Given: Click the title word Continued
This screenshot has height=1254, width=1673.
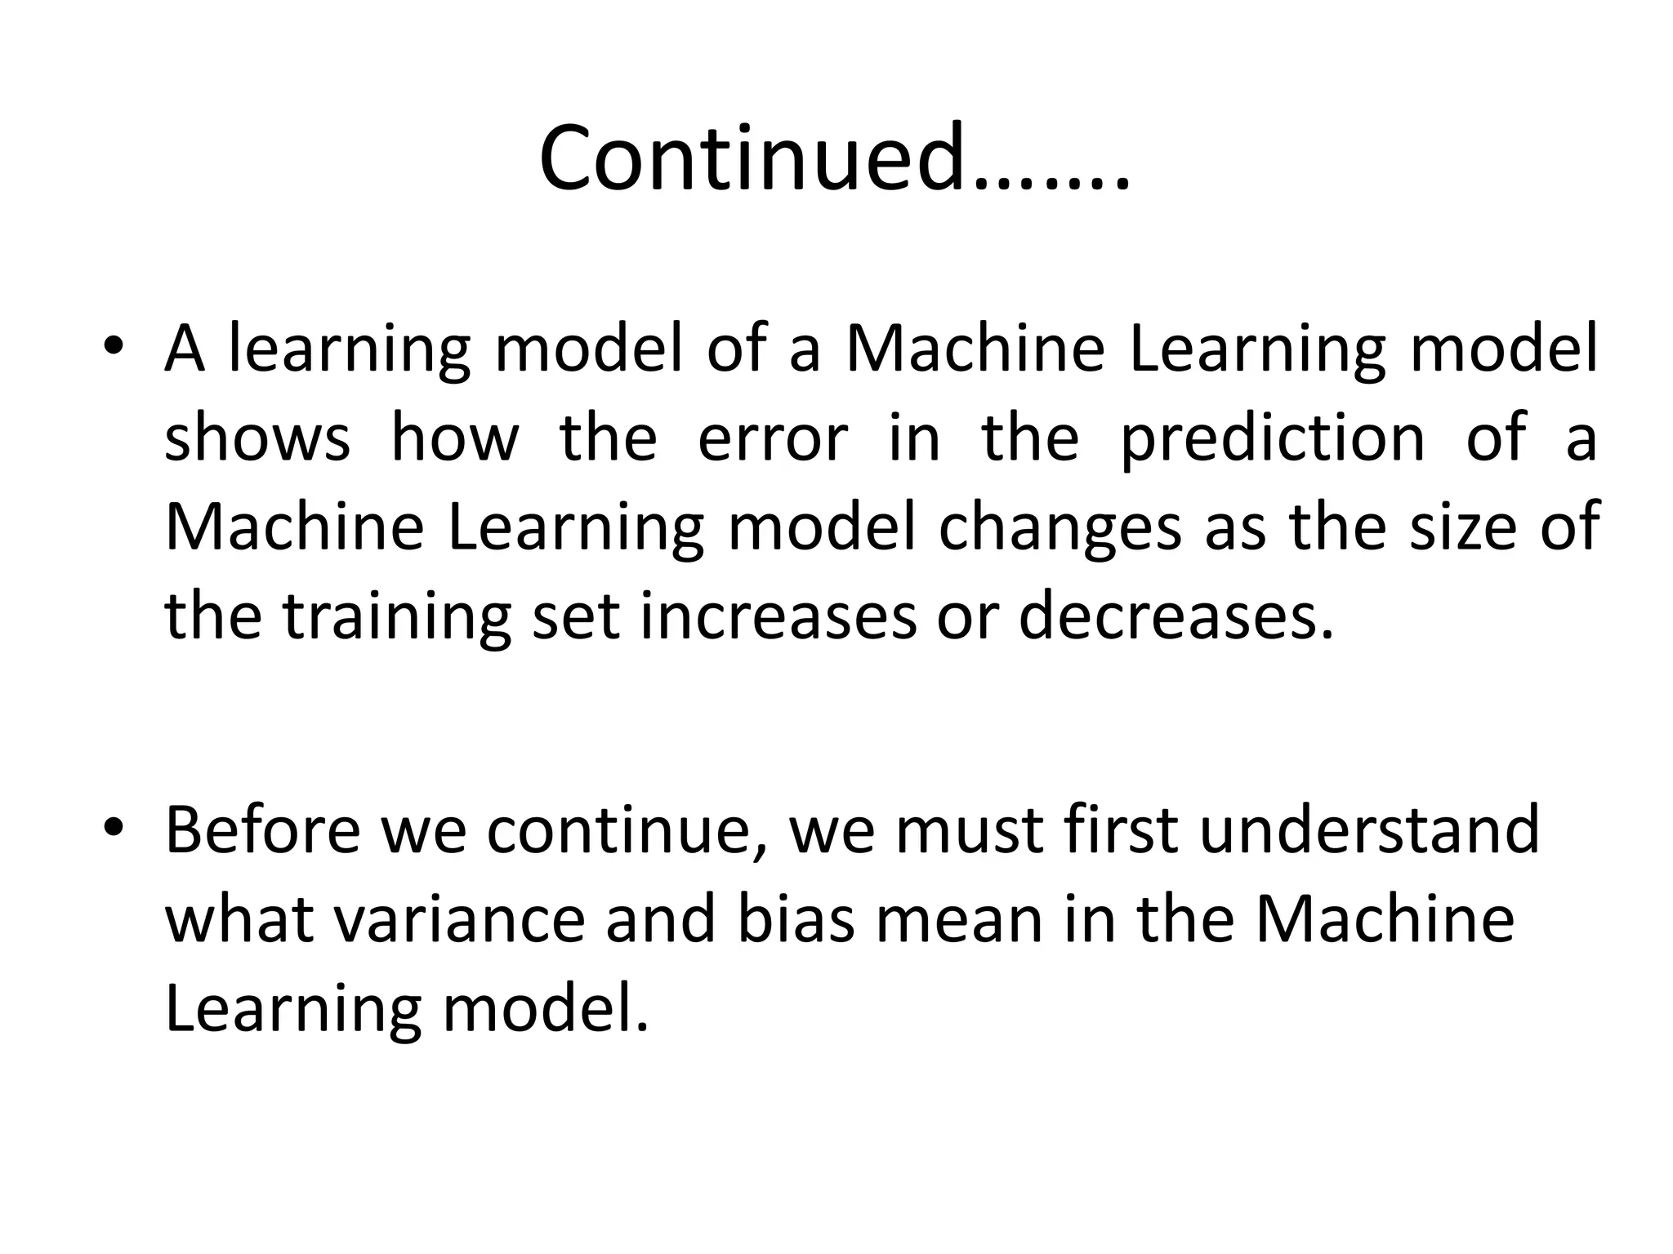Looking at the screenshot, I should click(833, 157).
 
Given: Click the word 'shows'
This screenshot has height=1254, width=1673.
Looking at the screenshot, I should click(257, 437).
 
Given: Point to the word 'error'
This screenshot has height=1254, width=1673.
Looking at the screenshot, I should click(773, 437).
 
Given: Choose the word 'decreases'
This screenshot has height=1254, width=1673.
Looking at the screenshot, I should click(1175, 616).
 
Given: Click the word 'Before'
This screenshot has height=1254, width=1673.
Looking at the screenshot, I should click(262, 829).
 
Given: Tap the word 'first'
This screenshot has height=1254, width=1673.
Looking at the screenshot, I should click(1122, 829).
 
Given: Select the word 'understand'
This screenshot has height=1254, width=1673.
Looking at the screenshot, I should click(1369, 829).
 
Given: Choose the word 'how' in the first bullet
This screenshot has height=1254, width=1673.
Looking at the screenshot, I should click(455, 437).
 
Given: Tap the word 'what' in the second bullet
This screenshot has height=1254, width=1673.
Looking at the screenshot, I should click(239, 919).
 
